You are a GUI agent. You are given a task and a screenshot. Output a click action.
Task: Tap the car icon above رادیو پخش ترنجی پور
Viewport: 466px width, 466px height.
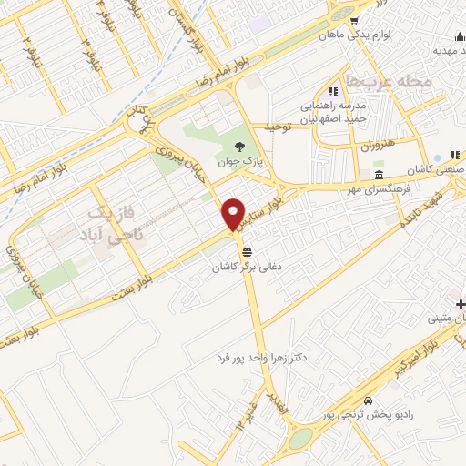pos(366,401)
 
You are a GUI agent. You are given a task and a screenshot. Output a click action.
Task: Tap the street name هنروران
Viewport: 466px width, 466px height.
pos(370,146)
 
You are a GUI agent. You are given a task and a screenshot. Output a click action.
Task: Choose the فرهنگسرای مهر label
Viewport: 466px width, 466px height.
pos(369,189)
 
